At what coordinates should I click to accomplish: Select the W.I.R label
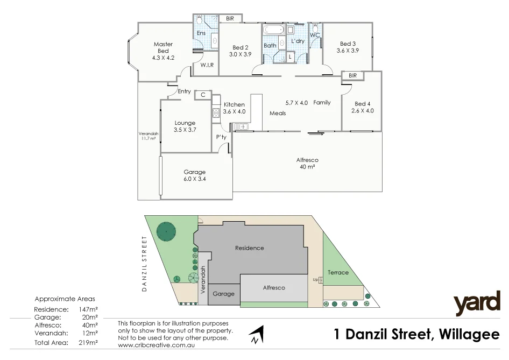(207, 65)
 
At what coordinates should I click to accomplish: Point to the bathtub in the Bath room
(273, 30)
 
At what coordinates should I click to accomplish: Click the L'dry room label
(298, 41)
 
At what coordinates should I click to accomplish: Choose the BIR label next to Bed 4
(352, 76)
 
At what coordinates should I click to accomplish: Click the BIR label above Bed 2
(230, 19)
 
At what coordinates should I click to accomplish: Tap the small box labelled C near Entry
(203, 95)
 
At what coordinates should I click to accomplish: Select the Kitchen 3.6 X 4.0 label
(234, 108)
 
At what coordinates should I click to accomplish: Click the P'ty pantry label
(222, 137)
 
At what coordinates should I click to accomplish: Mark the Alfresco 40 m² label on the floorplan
(307, 164)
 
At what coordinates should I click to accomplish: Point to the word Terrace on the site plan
(337, 272)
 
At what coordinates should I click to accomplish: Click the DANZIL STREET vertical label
(144, 264)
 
